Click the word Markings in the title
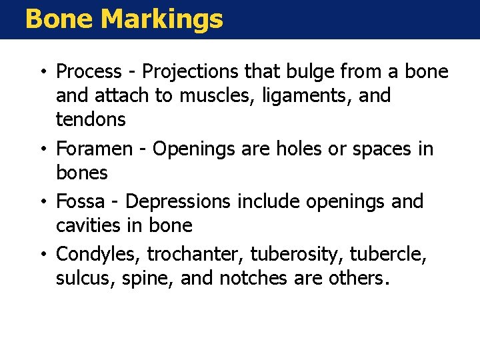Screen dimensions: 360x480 pos(162,19)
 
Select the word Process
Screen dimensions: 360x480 pos(89,71)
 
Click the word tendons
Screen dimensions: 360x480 pos(91,120)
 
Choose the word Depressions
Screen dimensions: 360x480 pos(176,201)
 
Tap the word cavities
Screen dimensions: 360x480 pos(83,225)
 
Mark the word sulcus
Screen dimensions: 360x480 pos(81,278)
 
